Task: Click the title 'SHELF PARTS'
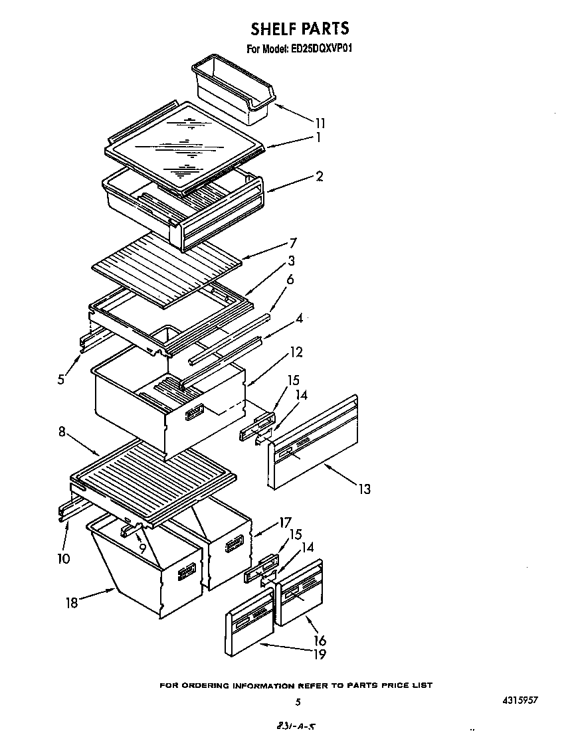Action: (x=299, y=29)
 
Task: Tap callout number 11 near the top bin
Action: (x=320, y=123)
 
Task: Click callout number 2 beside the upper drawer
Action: (x=320, y=176)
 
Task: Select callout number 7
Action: (x=292, y=243)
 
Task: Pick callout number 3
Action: (x=291, y=261)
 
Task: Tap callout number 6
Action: (x=290, y=281)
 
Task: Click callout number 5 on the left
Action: (x=60, y=380)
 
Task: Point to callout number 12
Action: (x=296, y=352)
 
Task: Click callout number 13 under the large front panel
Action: (x=363, y=489)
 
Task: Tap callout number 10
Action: (x=63, y=558)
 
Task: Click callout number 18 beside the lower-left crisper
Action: (x=72, y=603)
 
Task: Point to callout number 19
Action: (x=320, y=655)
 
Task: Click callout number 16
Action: (x=320, y=641)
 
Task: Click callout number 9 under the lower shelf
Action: (x=142, y=548)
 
